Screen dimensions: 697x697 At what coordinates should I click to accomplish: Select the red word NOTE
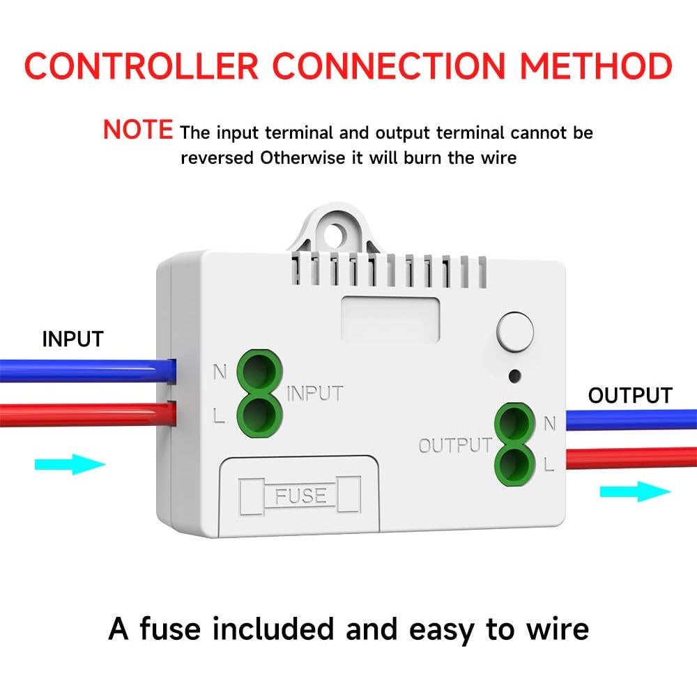pyautogui.click(x=138, y=130)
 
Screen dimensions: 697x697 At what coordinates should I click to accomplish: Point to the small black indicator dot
pyautogui.click(x=514, y=376)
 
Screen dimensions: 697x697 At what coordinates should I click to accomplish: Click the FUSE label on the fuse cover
pyautogui.click(x=300, y=496)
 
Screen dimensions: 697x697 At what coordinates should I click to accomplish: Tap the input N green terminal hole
pyautogui.click(x=259, y=369)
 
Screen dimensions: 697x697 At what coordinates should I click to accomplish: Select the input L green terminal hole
pyautogui.click(x=259, y=413)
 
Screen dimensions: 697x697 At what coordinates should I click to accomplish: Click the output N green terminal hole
pyautogui.click(x=514, y=422)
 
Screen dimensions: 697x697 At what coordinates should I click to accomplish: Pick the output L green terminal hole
pyautogui.click(x=514, y=462)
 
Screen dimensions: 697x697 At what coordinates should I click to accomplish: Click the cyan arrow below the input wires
pyautogui.click(x=70, y=464)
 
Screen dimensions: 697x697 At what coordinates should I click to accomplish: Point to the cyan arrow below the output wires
pyautogui.click(x=635, y=492)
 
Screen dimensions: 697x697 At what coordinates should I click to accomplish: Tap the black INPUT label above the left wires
pyautogui.click(x=72, y=339)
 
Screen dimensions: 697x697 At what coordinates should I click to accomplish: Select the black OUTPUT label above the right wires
pyautogui.click(x=630, y=395)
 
